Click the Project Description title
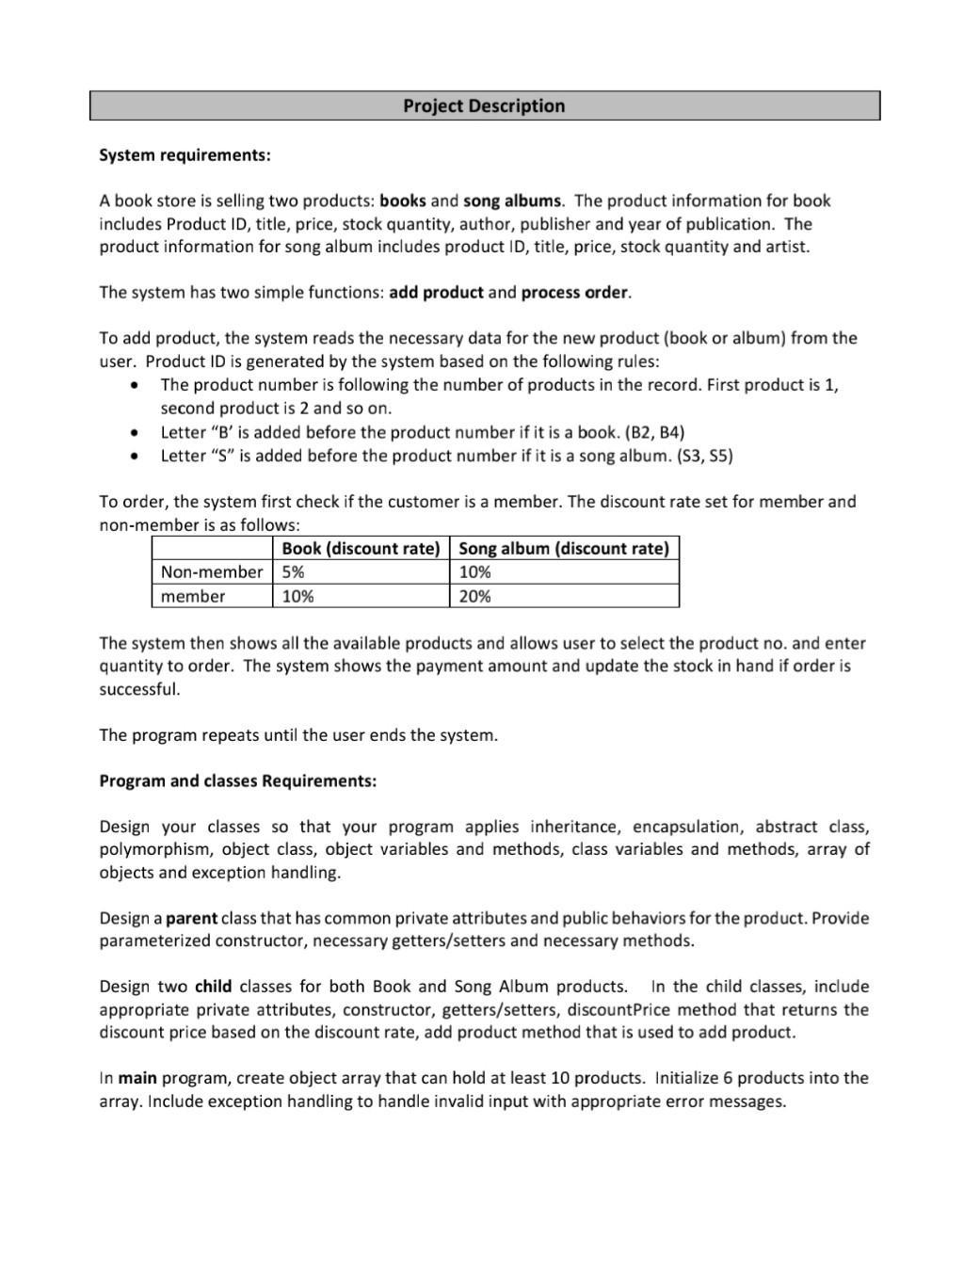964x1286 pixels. click(x=484, y=105)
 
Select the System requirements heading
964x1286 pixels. click(x=185, y=154)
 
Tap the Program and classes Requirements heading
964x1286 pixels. click(x=237, y=780)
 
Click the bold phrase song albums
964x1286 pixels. click(x=511, y=201)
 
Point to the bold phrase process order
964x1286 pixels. click(x=574, y=292)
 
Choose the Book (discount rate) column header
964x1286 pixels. click(x=361, y=548)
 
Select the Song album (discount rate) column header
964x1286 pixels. click(x=563, y=548)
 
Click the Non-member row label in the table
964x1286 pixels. click(x=211, y=571)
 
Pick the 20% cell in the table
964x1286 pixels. click(x=474, y=596)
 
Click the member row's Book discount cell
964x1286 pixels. click(x=297, y=596)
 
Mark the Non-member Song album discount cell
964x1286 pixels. click(x=474, y=571)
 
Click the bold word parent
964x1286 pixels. click(x=191, y=918)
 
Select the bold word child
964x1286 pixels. click(x=214, y=987)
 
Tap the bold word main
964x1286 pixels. click(x=137, y=1078)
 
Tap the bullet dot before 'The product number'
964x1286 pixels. click(x=137, y=385)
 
